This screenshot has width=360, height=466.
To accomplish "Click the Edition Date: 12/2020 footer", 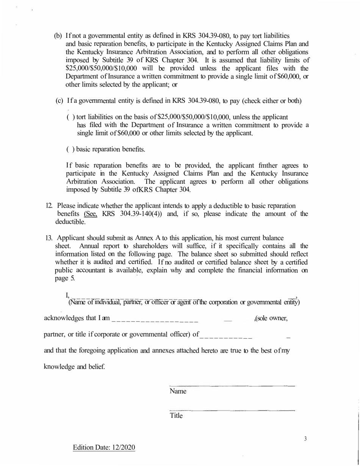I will [x=104, y=447].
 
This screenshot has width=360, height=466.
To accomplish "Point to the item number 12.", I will [x=49, y=206].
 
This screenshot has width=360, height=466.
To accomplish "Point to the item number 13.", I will [x=49, y=238].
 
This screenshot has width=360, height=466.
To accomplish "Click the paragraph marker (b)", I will [x=58, y=36].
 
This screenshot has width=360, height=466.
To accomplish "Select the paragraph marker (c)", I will [x=59, y=101].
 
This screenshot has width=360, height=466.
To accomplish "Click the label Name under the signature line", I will [x=178, y=391].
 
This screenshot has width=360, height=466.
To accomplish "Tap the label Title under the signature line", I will [x=176, y=416].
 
